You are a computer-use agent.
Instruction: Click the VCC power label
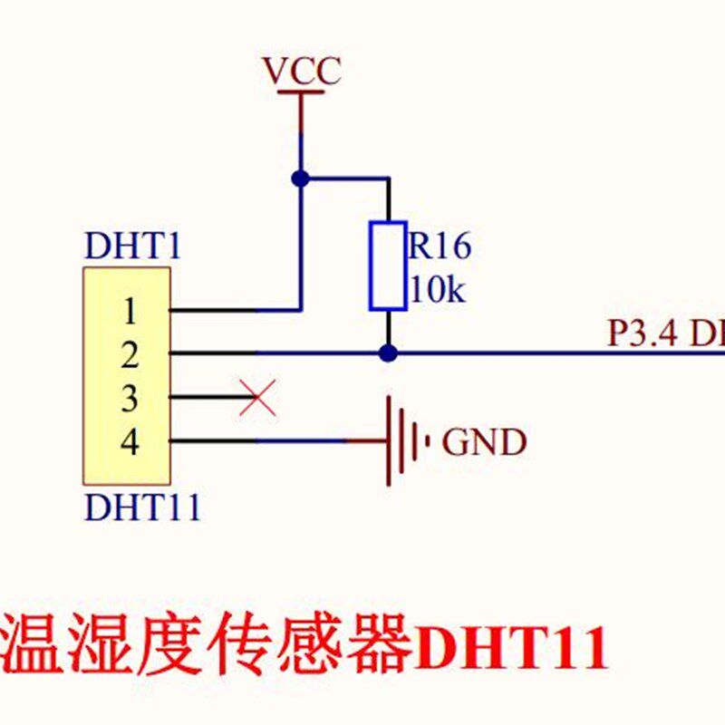tap(301, 70)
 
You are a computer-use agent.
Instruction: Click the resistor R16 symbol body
tap(387, 265)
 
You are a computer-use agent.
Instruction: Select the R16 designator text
tap(440, 246)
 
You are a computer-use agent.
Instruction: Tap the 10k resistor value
tap(437, 290)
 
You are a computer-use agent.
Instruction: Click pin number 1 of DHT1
tap(130, 312)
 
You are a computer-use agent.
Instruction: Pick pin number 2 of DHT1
tap(130, 354)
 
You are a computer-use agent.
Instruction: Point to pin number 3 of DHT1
tap(130, 398)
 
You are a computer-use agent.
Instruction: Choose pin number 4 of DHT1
tap(130, 442)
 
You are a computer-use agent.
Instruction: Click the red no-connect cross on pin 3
tap(257, 397)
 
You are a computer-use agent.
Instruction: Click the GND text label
tap(483, 442)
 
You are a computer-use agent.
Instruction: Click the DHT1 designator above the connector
tap(132, 246)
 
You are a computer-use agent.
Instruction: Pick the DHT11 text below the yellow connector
tap(142, 507)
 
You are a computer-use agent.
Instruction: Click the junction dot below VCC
tap(301, 179)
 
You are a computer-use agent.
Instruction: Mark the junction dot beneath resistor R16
tap(388, 353)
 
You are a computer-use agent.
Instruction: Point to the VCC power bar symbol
tap(300, 92)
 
